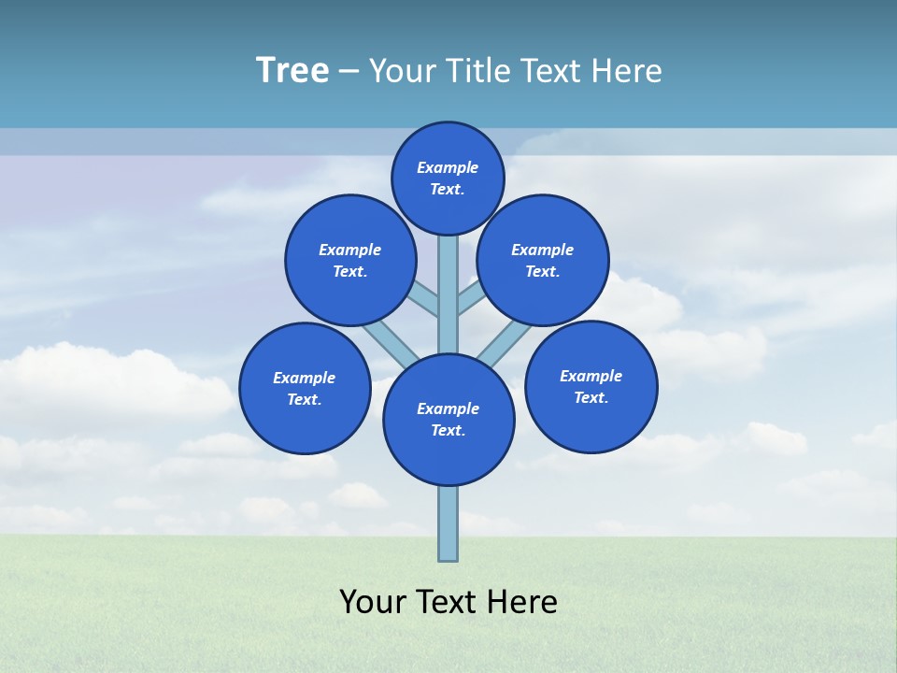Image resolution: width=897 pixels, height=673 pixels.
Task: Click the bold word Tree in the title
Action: [x=292, y=71]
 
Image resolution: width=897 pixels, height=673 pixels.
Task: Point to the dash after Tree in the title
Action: [x=349, y=72]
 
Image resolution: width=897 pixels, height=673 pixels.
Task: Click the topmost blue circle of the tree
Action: [x=448, y=178]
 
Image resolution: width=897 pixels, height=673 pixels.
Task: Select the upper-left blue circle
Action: [x=350, y=260]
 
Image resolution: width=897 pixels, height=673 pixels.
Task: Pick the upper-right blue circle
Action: [x=543, y=260]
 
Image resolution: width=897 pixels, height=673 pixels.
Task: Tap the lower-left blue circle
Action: [x=305, y=388]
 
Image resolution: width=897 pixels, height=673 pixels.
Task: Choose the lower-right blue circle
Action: [x=591, y=386]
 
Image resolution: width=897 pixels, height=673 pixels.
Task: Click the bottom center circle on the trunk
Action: [x=448, y=420]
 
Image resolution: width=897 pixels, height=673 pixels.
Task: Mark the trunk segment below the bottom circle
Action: [x=448, y=523]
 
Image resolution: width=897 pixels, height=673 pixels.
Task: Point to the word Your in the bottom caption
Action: [x=372, y=602]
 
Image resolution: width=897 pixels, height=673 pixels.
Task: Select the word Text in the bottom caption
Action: [x=447, y=602]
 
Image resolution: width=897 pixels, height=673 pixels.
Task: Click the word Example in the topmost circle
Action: [x=448, y=168]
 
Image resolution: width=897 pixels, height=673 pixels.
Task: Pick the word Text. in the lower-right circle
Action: [x=591, y=397]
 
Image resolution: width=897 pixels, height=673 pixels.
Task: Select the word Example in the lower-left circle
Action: [x=305, y=378]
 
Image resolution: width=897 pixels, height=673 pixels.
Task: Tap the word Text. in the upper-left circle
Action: [x=350, y=271]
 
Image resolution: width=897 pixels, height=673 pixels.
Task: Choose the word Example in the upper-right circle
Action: [x=543, y=250]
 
